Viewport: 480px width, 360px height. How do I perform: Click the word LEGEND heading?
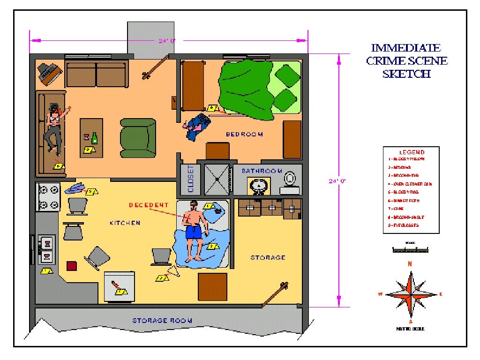point(412,152)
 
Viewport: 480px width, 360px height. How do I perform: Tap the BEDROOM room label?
point(244,135)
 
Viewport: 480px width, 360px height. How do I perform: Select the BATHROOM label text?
point(262,171)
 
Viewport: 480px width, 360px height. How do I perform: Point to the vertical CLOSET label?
point(190,179)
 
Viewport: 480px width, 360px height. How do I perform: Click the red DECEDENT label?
point(148,205)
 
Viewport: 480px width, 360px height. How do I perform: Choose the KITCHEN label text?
point(125,223)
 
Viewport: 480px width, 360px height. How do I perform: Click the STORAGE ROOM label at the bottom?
point(162,321)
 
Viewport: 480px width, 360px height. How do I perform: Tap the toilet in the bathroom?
point(290,178)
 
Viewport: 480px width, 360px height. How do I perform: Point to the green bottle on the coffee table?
point(95,138)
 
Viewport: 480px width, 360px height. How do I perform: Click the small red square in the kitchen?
point(72,266)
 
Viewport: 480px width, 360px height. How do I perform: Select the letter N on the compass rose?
point(410,264)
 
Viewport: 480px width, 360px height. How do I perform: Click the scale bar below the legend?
point(410,250)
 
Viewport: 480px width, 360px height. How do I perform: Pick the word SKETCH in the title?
point(406,74)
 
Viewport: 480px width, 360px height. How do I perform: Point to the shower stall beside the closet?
point(217,179)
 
